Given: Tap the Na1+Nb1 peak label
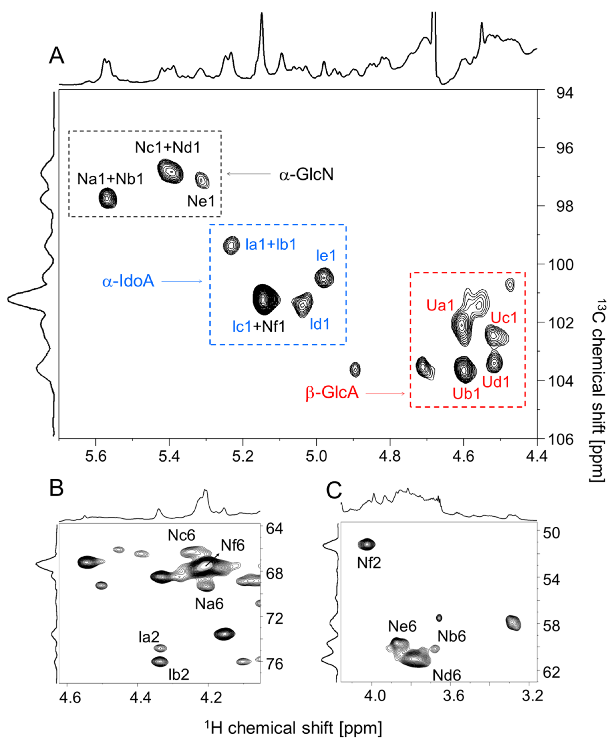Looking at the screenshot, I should (x=110, y=179).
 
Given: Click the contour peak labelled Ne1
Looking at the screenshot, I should (x=202, y=180).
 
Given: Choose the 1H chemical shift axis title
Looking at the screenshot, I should (x=293, y=728).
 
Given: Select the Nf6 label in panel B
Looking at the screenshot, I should (x=233, y=545).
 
